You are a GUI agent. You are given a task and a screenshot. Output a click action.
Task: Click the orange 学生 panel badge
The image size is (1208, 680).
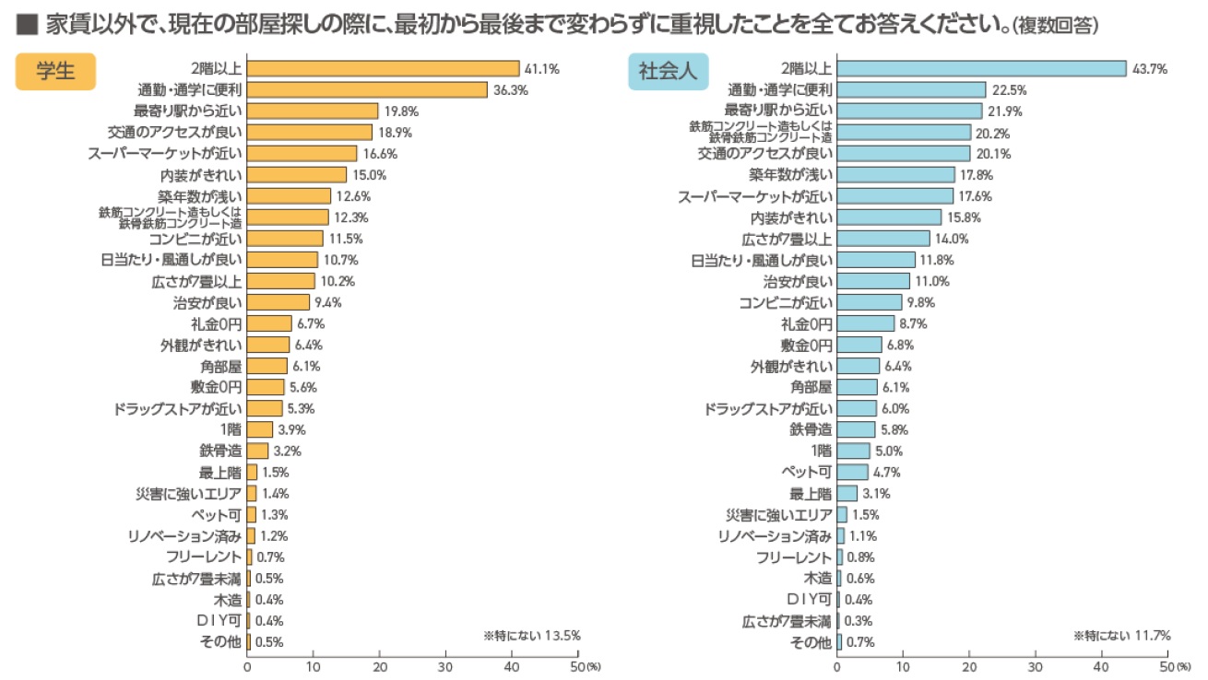[x=55, y=72]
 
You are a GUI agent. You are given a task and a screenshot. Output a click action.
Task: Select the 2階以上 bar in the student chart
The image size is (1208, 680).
[x=383, y=68]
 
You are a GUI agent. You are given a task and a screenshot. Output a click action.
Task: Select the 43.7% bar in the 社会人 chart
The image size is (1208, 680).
[x=981, y=68]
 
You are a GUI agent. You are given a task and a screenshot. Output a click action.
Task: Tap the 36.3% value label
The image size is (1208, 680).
[x=511, y=89]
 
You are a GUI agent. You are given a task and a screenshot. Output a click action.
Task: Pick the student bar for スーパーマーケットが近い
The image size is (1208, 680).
[x=302, y=153]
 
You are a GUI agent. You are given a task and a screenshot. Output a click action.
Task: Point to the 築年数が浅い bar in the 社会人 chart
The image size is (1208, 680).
[x=895, y=174]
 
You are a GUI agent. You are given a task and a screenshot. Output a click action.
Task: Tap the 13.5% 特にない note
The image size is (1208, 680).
[x=532, y=636]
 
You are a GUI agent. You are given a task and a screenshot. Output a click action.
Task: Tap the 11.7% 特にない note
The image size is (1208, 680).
[x=1122, y=636]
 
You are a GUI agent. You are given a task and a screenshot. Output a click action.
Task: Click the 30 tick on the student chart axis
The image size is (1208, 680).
[x=445, y=665]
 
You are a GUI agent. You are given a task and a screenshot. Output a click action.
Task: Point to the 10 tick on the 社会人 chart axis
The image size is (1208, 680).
[x=903, y=665]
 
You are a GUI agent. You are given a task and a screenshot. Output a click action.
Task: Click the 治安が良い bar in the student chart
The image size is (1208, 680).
[x=278, y=302]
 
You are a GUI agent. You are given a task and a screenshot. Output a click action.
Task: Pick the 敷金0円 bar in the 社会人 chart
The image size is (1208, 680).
[x=859, y=345]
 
